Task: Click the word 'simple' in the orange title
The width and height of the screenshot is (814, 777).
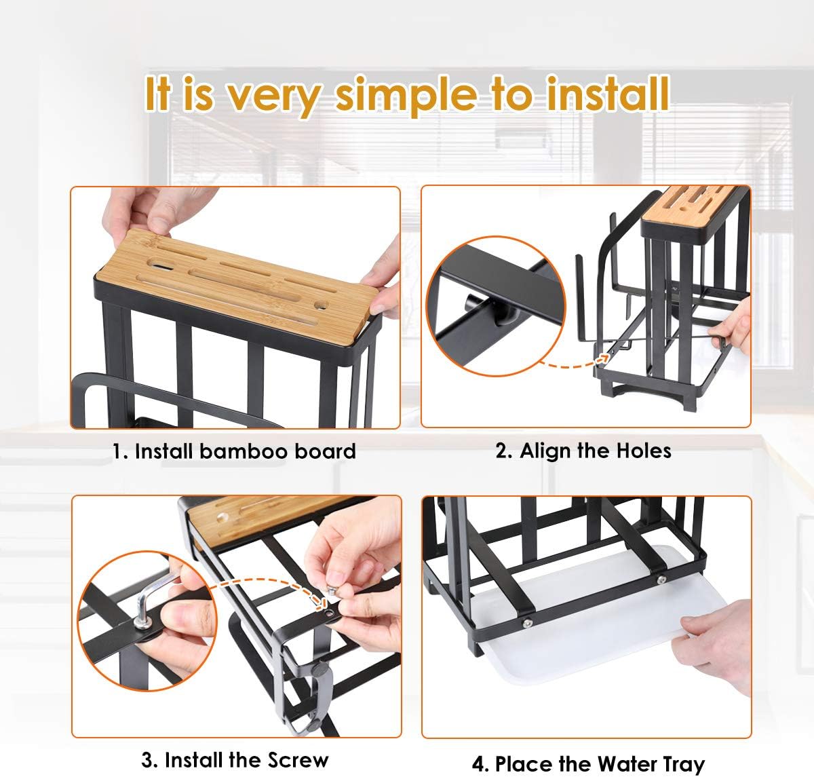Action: [x=406, y=96]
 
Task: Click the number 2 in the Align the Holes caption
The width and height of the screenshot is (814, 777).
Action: [x=501, y=451]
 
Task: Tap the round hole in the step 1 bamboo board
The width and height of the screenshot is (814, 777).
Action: [x=321, y=305]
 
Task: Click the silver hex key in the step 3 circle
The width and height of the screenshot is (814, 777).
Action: [x=153, y=598]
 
